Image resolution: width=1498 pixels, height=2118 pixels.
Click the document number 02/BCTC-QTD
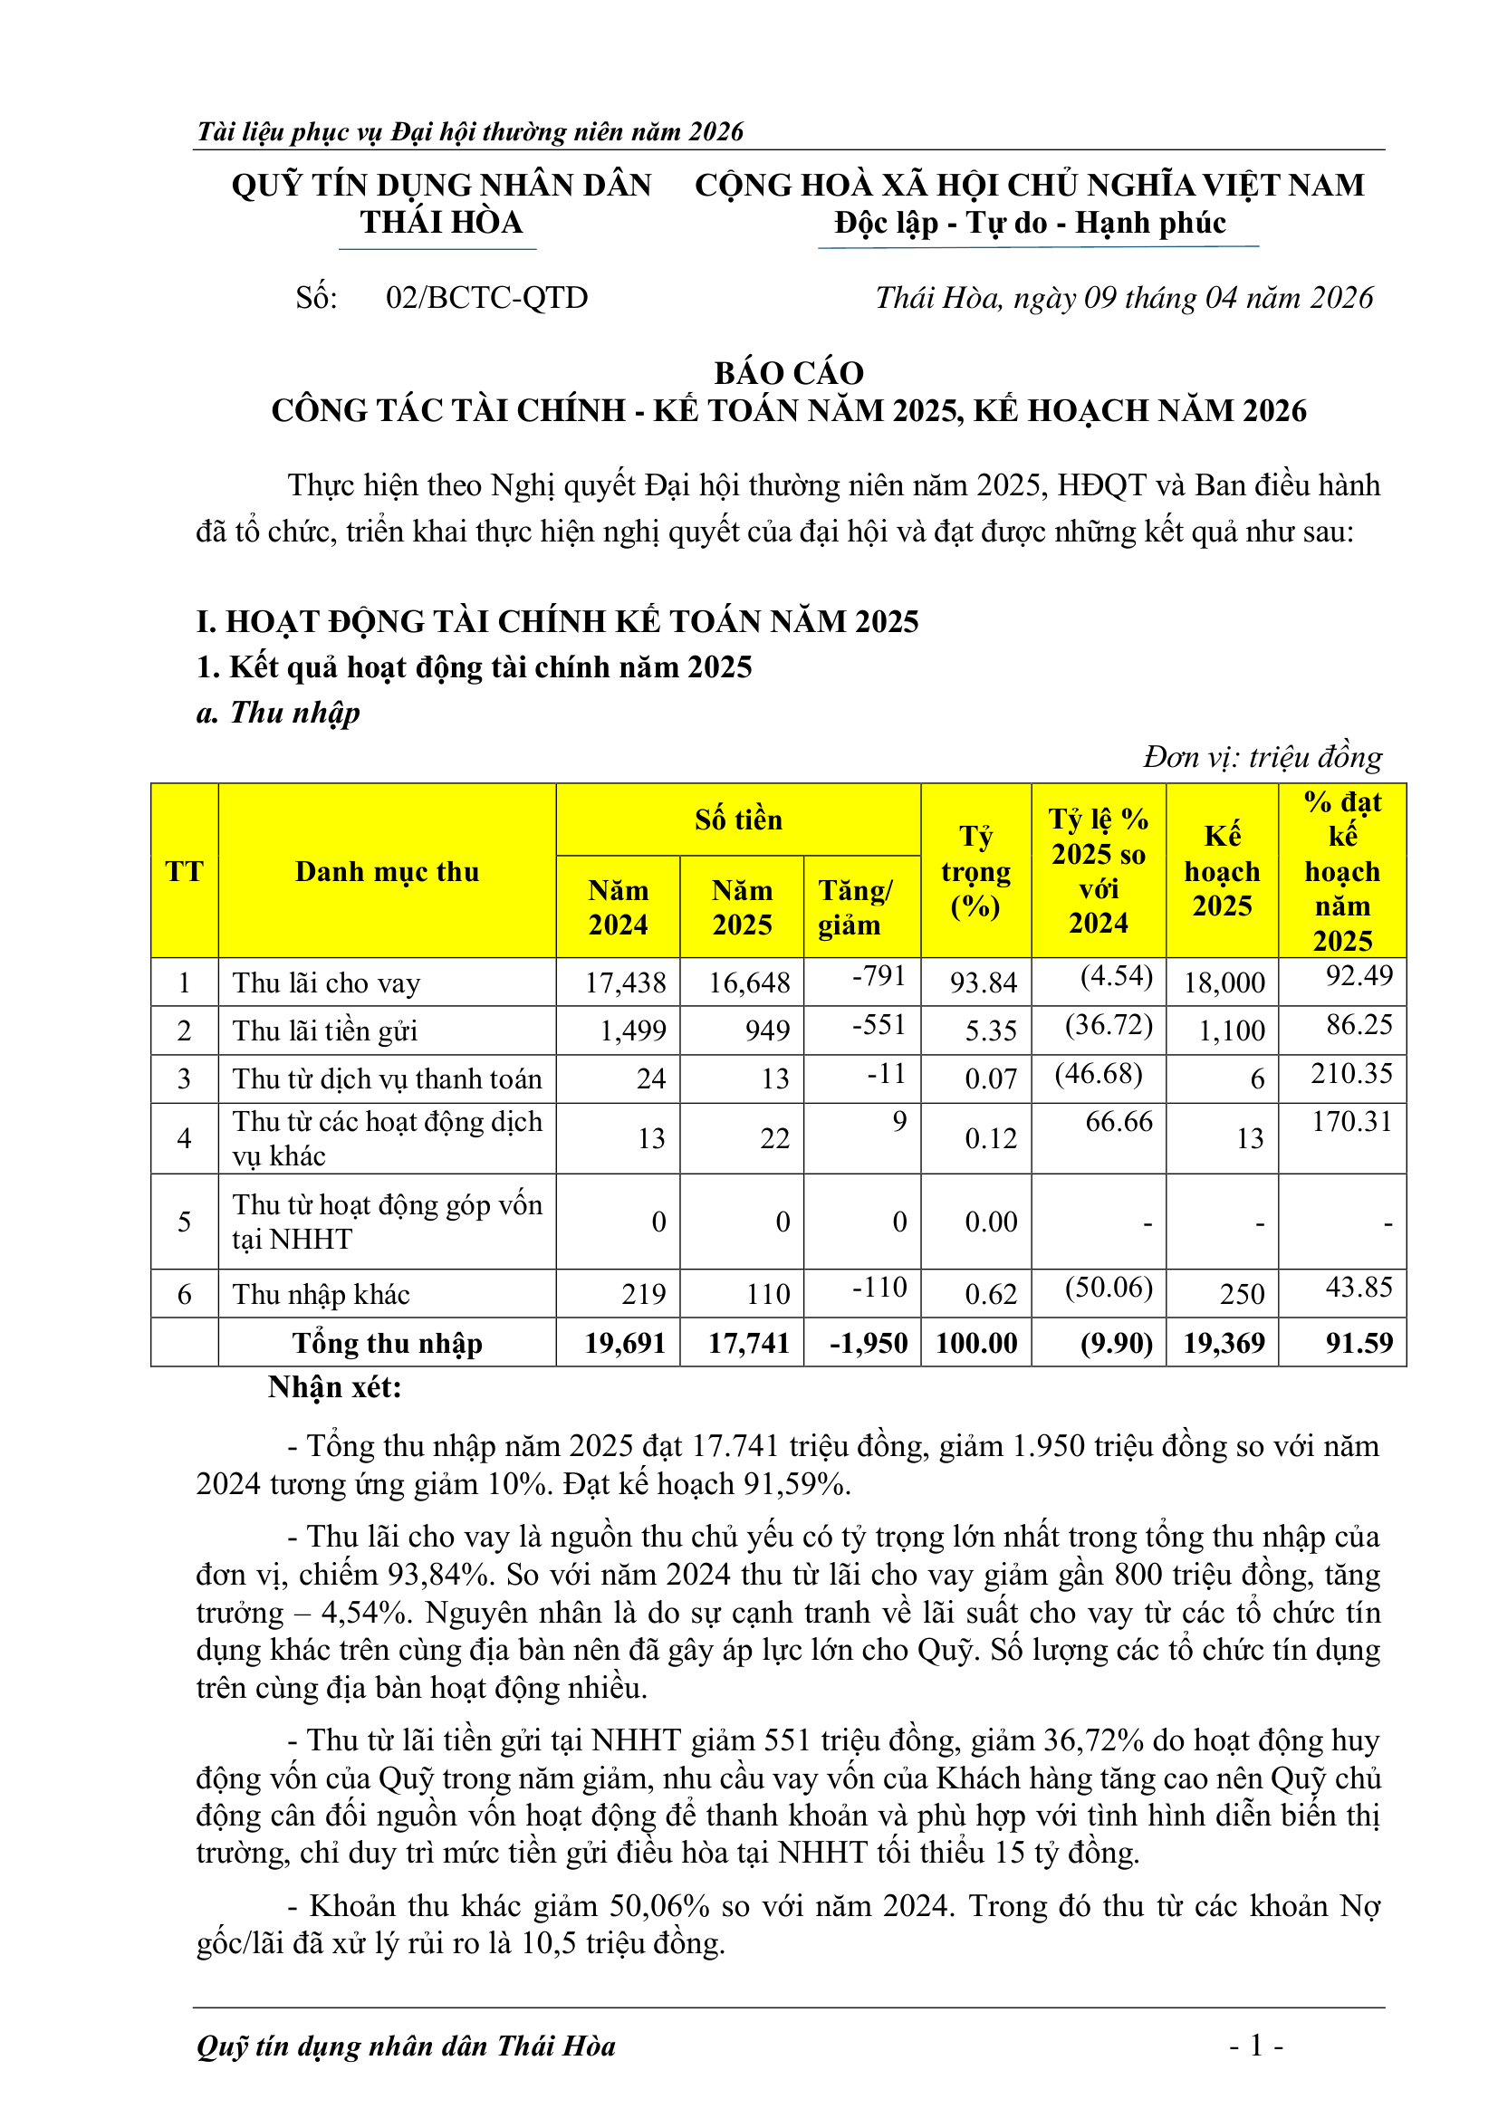tap(486, 298)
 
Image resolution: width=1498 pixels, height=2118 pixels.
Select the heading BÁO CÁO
tap(789, 373)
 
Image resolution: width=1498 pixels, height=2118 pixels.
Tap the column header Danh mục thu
tap(387, 871)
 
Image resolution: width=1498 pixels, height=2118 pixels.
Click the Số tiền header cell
tap(738, 819)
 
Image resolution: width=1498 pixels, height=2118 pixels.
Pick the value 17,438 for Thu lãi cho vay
tap(625, 982)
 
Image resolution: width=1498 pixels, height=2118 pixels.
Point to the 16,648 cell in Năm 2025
tap(748, 982)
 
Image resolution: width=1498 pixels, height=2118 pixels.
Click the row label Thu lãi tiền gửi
tap(325, 1030)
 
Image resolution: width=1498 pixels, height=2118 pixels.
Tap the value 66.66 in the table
tap(1118, 1122)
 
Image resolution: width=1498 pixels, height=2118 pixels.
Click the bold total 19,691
tap(625, 1342)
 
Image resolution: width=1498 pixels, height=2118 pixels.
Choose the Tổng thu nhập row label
tap(387, 1343)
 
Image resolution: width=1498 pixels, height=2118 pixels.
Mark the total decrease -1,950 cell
tap(868, 1342)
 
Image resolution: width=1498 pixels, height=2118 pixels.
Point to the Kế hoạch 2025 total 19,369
tap(1223, 1342)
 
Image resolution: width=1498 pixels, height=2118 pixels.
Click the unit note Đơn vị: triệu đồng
tap(1262, 757)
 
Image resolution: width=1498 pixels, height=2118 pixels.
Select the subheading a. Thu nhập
tap(278, 712)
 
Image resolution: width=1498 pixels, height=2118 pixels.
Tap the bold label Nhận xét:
tap(335, 1387)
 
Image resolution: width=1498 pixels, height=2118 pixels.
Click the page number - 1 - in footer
tap(1255, 2046)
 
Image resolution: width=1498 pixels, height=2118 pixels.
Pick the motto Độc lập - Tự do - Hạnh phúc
tap(1030, 224)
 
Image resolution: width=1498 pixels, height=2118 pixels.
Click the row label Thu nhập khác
tap(321, 1294)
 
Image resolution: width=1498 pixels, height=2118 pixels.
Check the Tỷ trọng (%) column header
tap(975, 871)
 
